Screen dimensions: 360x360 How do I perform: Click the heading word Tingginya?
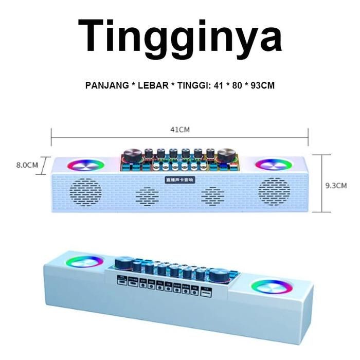coord(179,36)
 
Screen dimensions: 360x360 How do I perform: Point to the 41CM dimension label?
coord(179,130)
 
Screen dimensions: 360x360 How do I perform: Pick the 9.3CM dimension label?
coord(336,185)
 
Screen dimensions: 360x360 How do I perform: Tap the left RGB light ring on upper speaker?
coord(85,165)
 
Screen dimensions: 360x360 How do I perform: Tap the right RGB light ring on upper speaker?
coord(274,165)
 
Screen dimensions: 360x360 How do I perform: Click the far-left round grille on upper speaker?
coord(85,191)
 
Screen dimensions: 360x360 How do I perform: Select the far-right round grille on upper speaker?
coord(274,191)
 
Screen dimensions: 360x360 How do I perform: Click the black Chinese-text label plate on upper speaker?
coord(179,179)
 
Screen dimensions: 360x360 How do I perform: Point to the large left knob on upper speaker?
coord(132,155)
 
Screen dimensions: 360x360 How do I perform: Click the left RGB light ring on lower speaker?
coord(84,261)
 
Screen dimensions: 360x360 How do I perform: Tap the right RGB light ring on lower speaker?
coord(271,286)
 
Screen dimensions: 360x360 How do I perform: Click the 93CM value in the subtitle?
coord(262,85)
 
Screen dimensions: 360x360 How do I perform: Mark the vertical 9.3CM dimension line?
coord(322,184)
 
